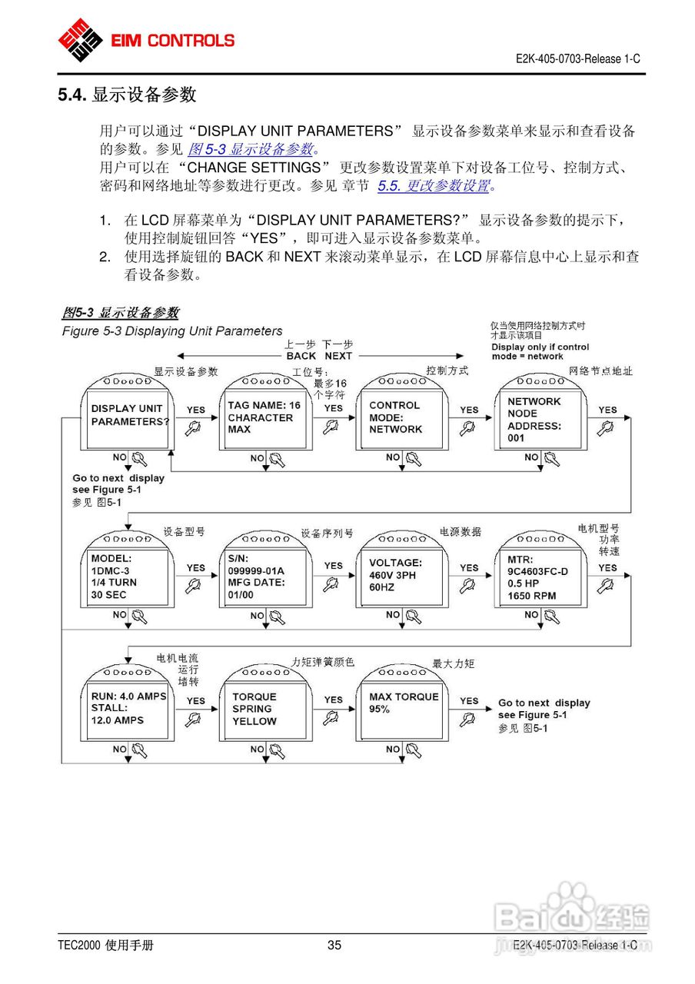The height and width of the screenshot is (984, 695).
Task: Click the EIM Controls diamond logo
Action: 80,39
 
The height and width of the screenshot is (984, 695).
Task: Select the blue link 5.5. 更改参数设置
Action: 434,185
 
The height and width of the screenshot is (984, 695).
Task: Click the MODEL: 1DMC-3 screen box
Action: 128,577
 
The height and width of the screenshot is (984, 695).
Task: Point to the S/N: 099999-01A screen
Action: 264,577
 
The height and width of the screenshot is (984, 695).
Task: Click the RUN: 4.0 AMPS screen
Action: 128,710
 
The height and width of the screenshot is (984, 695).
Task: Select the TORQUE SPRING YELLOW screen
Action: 264,710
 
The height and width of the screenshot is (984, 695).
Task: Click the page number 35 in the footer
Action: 334,946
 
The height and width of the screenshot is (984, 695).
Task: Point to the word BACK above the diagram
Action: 301,356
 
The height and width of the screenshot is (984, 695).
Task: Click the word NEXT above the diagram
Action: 338,356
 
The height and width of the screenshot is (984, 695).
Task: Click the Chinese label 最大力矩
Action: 454,663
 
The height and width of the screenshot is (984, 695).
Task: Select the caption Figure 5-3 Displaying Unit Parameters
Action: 172,331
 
